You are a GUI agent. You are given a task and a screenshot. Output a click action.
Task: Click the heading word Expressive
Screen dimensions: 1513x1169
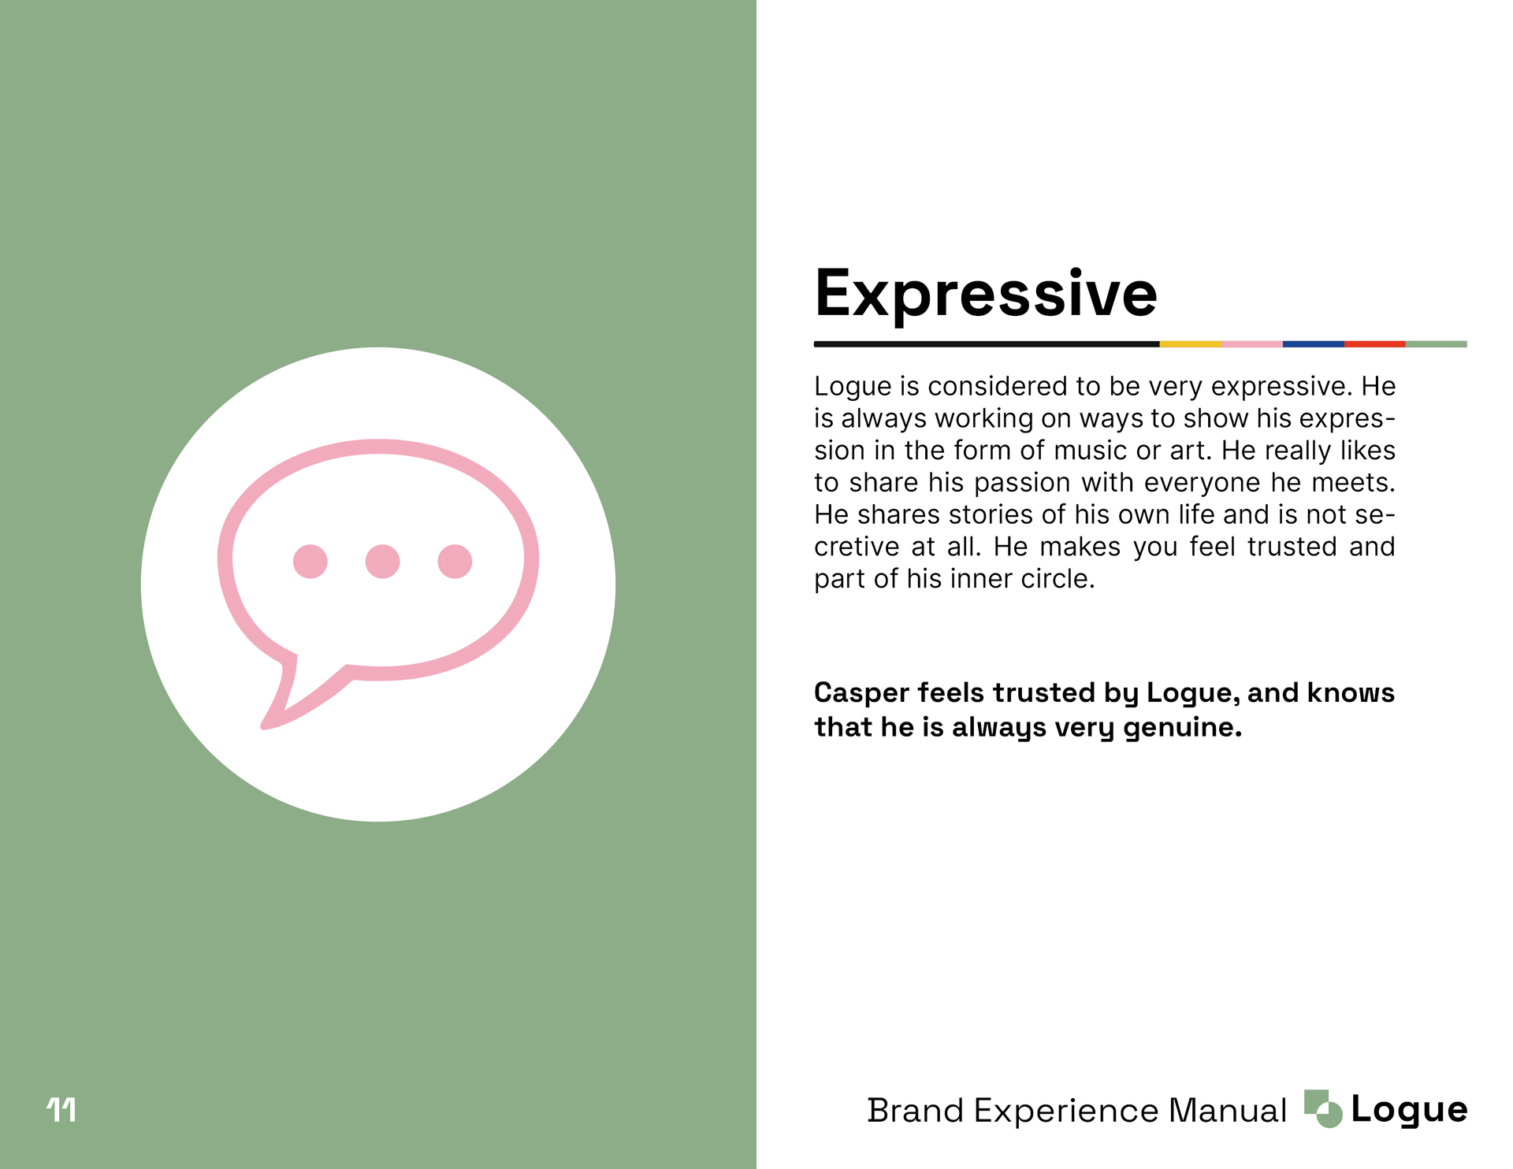pos(986,295)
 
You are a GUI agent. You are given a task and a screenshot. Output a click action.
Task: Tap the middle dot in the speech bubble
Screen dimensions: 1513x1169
pos(382,562)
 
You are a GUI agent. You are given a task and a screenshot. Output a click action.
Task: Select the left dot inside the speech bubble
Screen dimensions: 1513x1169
pos(310,562)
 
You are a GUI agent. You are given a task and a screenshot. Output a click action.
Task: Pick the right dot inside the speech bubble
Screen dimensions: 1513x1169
pos(455,562)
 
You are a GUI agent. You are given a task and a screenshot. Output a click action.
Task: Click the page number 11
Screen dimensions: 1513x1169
pos(61,1110)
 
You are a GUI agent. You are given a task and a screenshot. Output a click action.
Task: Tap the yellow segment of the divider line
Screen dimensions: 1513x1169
pos(1190,344)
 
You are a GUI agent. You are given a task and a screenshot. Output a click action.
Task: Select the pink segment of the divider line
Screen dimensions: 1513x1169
pos(1251,344)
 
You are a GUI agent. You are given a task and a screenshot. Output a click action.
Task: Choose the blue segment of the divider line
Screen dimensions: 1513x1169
pos(1313,344)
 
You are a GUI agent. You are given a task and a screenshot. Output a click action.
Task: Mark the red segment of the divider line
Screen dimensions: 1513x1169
pos(1374,344)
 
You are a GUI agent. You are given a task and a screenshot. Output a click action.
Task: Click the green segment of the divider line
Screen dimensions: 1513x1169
pos(1436,344)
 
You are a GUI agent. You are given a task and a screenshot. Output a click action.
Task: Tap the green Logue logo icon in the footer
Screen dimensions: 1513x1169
pos(1323,1109)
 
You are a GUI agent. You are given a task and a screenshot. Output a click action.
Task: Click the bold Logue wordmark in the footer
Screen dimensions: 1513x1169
pos(1409,1111)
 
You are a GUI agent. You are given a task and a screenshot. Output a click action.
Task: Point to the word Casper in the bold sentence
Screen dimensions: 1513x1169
pos(861,694)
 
